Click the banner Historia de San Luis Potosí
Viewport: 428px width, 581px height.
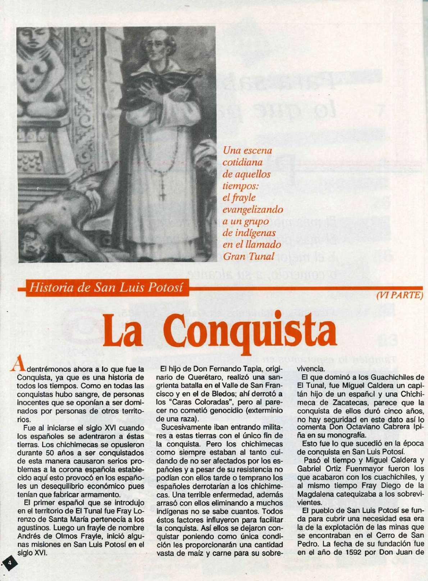coord(106,287)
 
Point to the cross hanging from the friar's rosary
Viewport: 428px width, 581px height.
coord(163,194)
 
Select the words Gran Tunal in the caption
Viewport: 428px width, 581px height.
coord(249,257)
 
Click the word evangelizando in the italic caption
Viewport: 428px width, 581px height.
coord(253,209)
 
